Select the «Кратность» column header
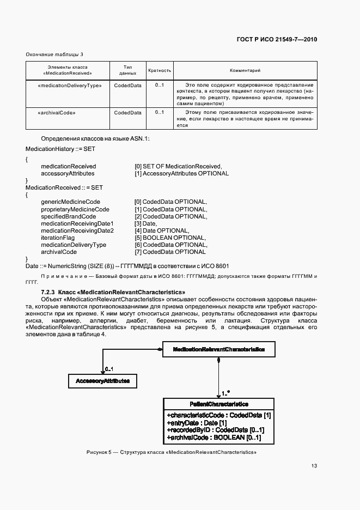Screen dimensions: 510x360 coord(160,70)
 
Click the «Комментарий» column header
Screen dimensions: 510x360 coord(245,70)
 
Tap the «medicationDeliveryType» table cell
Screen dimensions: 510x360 coord(69,86)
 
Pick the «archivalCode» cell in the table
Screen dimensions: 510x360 coord(57,113)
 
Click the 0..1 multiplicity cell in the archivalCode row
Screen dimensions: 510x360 coord(160,113)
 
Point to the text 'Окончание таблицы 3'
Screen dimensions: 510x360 coord(54,54)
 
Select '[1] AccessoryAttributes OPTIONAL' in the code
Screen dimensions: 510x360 coord(181,173)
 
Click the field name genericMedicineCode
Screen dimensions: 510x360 coord(70,202)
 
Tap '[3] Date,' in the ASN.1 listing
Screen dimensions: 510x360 coord(146,223)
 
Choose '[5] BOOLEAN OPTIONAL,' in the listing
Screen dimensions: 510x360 coord(170,238)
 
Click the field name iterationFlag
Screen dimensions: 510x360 coord(59,238)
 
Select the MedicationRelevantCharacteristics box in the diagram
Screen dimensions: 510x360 coord(219,349)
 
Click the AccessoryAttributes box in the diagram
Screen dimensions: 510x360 coord(102,381)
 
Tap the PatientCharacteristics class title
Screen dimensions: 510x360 coord(219,404)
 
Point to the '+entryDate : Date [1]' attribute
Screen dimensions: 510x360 coord(196,422)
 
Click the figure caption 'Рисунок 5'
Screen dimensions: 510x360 coord(171,453)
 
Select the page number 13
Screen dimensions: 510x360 coord(314,466)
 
